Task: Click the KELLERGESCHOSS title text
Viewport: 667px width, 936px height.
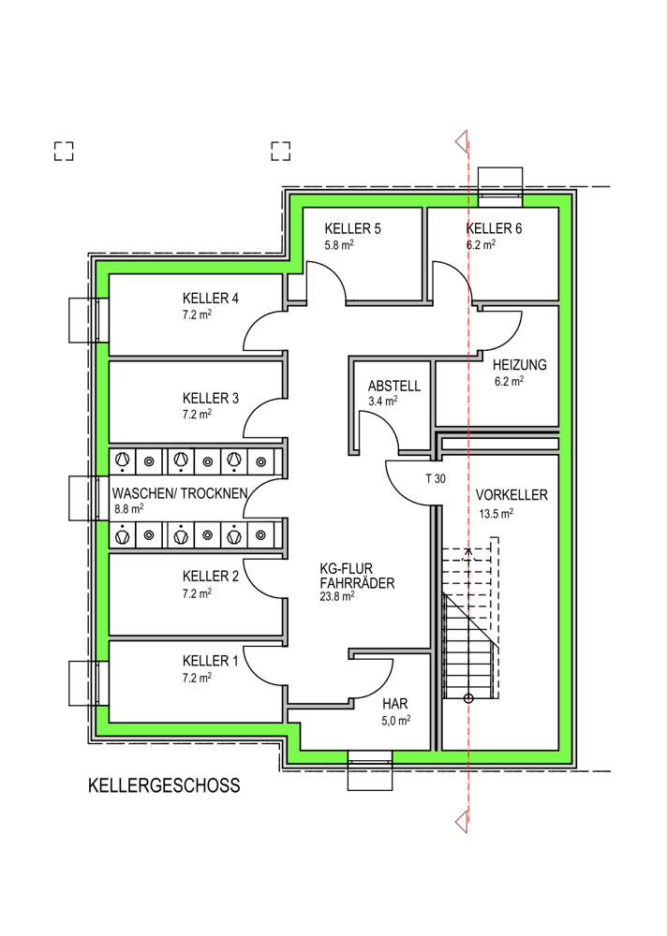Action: click(164, 785)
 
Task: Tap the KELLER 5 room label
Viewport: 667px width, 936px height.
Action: click(352, 228)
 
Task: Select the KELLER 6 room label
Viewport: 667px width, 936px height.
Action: click(494, 228)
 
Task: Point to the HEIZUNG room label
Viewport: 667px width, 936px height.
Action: click(519, 365)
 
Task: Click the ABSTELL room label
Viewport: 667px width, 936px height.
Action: click(394, 386)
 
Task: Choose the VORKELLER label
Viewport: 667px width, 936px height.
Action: click(511, 495)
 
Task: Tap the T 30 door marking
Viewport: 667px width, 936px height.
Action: click(436, 478)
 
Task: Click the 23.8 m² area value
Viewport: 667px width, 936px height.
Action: click(337, 595)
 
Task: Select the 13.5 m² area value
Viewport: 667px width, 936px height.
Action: click(497, 513)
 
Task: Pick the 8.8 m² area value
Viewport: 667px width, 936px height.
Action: click(128, 509)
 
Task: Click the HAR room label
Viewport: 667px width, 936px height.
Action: click(395, 705)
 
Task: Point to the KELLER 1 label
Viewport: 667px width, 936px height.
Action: click(211, 661)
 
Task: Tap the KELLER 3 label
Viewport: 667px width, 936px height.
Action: click(211, 398)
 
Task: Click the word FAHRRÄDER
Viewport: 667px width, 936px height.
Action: click(358, 583)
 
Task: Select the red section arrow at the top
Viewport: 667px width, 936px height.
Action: click(462, 142)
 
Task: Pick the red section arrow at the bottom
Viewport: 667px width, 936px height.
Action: click(462, 822)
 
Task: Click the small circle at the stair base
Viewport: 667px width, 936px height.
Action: click(468, 698)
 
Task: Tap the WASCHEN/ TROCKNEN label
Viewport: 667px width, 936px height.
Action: click(180, 493)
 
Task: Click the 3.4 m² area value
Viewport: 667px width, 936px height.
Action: click(383, 402)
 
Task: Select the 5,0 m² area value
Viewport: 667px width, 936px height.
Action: click(396, 721)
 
